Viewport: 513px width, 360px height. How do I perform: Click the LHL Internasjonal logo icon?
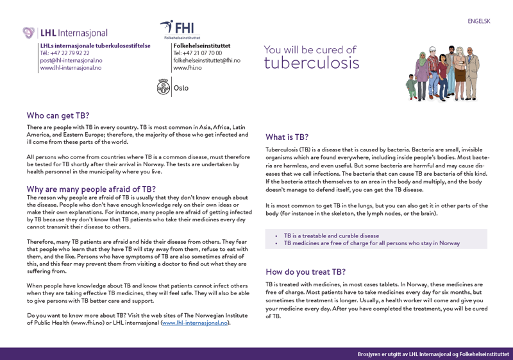(29, 33)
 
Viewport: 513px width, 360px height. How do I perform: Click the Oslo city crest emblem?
(164, 87)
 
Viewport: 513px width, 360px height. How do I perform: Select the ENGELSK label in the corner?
(478, 21)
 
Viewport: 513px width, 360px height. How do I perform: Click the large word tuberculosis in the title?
(312, 63)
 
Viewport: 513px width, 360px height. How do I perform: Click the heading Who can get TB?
(58, 116)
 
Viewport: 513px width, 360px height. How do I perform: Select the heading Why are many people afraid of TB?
(91, 189)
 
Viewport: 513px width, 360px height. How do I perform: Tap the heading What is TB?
(287, 137)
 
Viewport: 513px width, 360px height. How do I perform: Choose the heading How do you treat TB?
(305, 271)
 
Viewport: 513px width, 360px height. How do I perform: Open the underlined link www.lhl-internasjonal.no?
(194, 323)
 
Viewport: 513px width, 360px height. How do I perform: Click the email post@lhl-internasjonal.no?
(71, 60)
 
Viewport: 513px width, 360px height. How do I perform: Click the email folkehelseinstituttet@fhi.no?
(206, 60)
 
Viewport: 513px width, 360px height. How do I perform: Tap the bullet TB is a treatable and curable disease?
(331, 236)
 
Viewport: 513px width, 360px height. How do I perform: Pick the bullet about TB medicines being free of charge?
(371, 243)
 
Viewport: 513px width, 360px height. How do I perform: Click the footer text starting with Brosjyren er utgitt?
(433, 354)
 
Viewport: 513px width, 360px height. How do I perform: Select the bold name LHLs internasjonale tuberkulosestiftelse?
(95, 46)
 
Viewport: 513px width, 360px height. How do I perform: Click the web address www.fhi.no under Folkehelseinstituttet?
(187, 67)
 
